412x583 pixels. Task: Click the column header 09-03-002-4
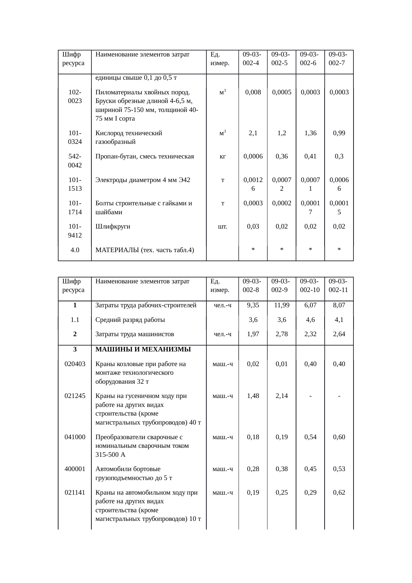point(253,58)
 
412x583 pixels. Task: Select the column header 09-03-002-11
point(339,285)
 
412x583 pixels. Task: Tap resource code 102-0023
point(75,96)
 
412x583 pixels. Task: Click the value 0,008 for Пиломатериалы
point(253,92)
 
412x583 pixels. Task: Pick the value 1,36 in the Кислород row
point(310,133)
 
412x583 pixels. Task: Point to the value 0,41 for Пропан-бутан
point(310,156)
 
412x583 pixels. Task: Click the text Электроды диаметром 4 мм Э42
point(143,180)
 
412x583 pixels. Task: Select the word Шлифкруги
point(113,227)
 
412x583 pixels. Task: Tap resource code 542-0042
point(75,161)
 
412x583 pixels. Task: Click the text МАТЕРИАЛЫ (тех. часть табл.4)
point(145,250)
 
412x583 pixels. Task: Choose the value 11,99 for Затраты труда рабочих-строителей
point(281,305)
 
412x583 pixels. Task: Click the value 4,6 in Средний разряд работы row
point(310,320)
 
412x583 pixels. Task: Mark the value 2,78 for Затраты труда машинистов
point(281,334)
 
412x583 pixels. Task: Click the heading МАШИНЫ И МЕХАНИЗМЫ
point(143,349)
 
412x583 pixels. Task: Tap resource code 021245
point(75,396)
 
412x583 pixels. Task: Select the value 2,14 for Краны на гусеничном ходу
point(281,396)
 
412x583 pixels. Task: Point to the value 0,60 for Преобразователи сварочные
point(339,437)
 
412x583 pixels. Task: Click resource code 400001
point(75,469)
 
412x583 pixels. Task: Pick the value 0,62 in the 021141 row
point(339,492)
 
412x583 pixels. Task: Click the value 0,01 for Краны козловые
point(281,364)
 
